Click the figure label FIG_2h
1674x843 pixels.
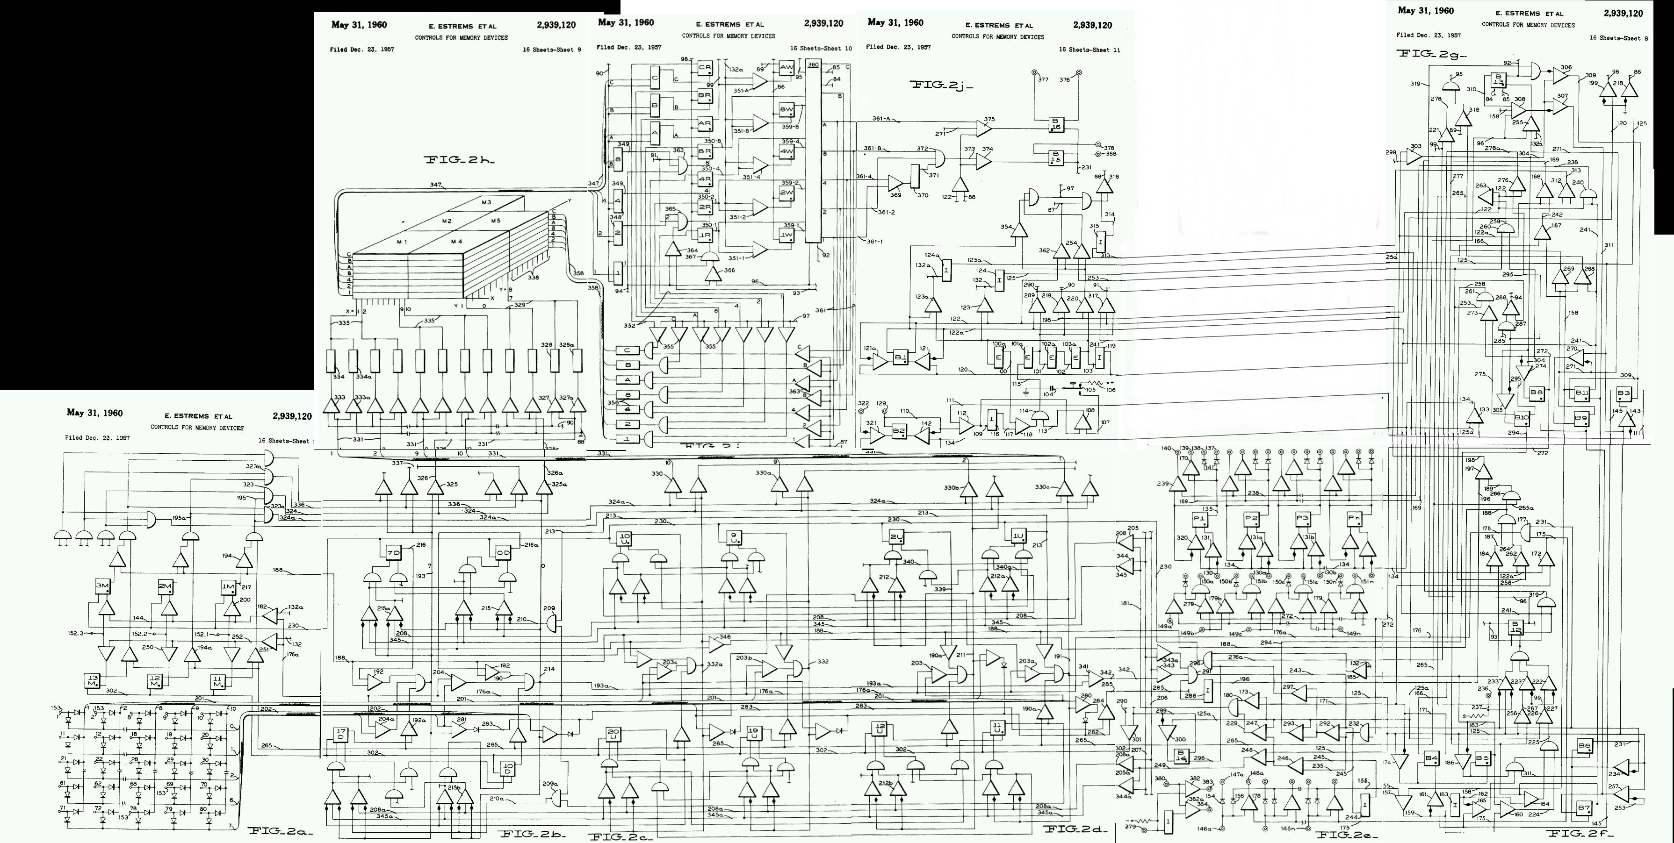tap(460, 160)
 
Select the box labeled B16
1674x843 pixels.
tap(1056, 124)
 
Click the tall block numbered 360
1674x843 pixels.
tap(813, 153)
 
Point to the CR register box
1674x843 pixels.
tap(705, 68)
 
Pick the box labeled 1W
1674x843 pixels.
tap(786, 235)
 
